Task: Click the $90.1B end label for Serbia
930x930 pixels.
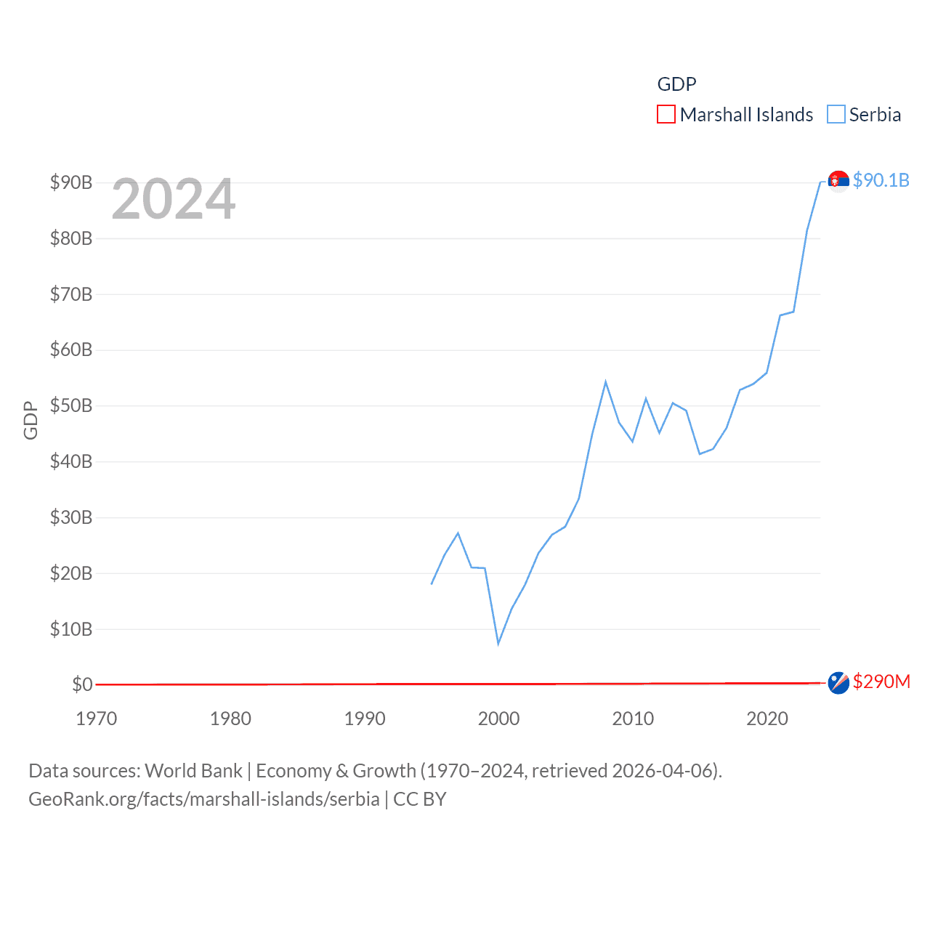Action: [881, 180]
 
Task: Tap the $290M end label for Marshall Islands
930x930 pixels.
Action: [881, 682]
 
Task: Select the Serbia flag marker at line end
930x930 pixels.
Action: [838, 180]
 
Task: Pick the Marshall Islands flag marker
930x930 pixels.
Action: [838, 682]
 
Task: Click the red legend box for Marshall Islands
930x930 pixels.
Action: [666, 115]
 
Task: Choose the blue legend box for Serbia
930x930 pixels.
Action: [836, 115]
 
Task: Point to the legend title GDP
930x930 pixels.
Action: [676, 84]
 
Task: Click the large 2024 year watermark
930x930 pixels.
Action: [174, 199]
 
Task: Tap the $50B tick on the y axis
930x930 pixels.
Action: [71, 405]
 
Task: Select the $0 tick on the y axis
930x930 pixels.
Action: [82, 684]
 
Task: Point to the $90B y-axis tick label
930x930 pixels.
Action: [71, 182]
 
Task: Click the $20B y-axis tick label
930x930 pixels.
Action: [71, 573]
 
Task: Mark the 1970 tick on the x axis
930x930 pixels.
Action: [97, 719]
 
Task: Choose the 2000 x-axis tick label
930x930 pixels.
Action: [498, 719]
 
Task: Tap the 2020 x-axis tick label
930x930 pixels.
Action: [767, 719]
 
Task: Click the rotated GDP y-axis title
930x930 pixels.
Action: [31, 420]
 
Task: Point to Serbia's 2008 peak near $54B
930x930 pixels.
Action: [605, 382]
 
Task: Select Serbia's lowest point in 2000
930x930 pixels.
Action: [498, 643]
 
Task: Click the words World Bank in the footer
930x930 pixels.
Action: [193, 770]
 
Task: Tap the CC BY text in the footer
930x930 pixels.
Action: [420, 799]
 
